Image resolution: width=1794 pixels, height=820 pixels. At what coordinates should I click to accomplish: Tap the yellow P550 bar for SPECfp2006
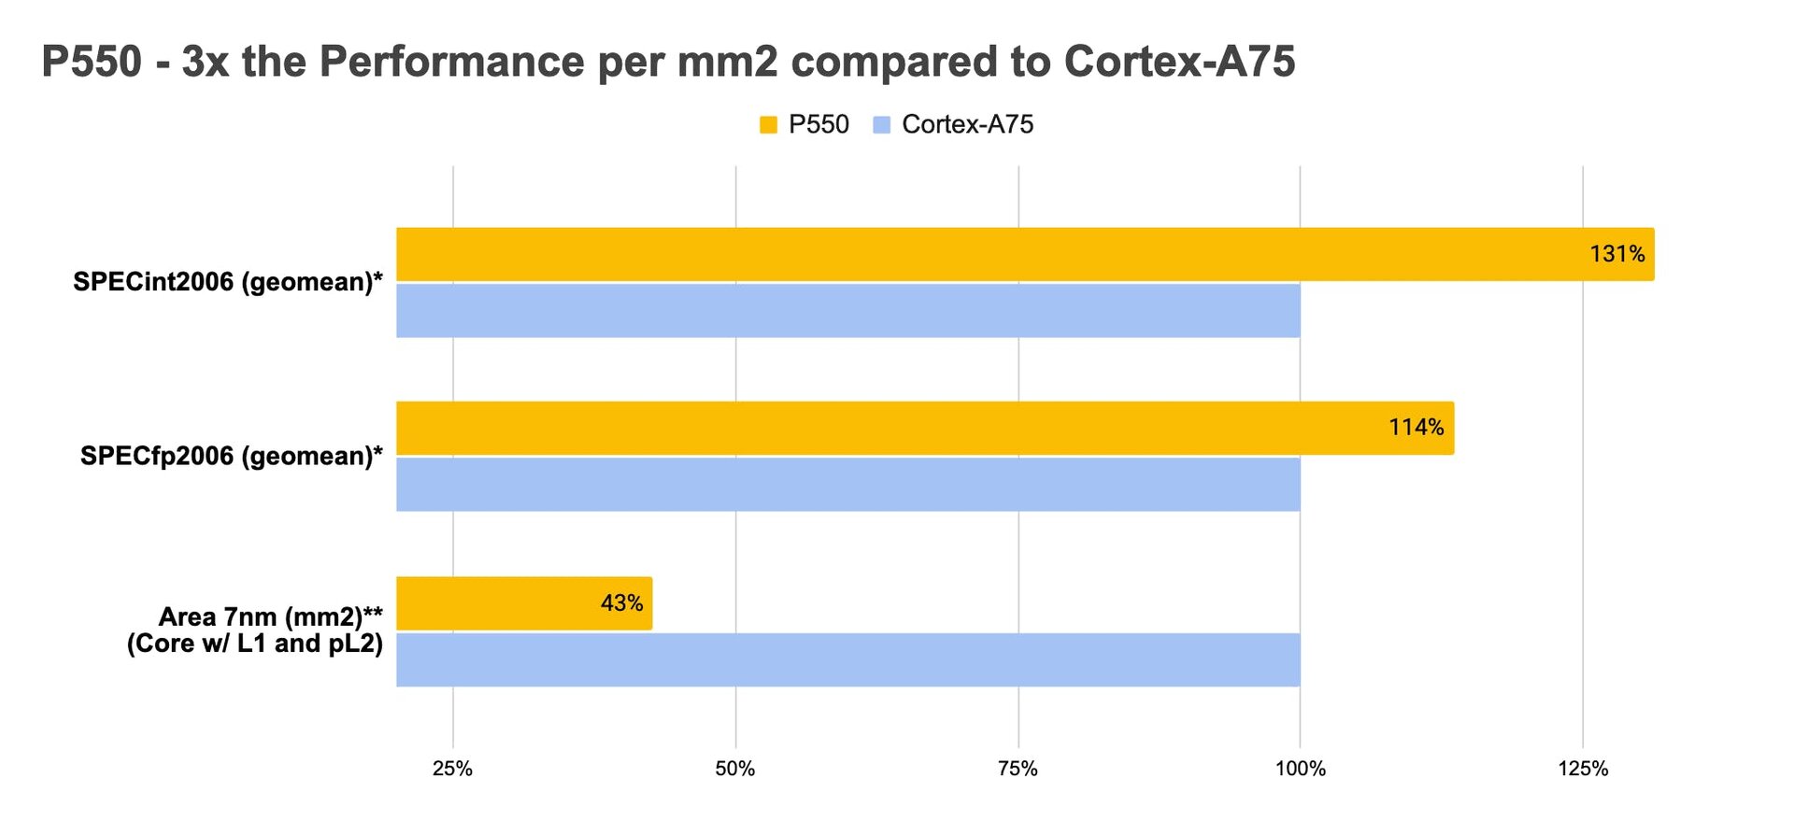tap(925, 428)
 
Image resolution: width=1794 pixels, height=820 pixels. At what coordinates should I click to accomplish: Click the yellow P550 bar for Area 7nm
tap(505, 603)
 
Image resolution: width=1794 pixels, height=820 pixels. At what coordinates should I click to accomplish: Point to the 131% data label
tap(1616, 254)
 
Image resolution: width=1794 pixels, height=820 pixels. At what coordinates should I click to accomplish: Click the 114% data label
tap(1416, 428)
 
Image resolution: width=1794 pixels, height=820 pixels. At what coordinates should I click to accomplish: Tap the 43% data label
tap(621, 603)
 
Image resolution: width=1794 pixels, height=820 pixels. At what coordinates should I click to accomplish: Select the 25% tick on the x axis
tap(452, 769)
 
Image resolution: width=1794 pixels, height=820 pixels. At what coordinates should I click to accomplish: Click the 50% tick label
tap(735, 769)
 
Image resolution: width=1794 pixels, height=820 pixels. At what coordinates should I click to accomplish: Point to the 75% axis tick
tap(1018, 769)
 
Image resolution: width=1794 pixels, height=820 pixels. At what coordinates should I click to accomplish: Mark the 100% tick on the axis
tap(1300, 769)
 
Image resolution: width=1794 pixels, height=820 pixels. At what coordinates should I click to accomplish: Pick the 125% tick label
tap(1583, 769)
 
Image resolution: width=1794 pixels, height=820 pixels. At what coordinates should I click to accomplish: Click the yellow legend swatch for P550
tap(768, 125)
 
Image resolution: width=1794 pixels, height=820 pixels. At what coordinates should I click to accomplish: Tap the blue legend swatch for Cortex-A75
tap(881, 125)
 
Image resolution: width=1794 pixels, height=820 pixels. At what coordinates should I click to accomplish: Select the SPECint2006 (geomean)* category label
tap(228, 282)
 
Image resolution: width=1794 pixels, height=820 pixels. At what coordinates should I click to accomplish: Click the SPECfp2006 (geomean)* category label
tap(231, 456)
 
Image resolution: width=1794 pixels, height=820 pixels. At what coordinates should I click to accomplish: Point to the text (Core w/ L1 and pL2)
tap(255, 643)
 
